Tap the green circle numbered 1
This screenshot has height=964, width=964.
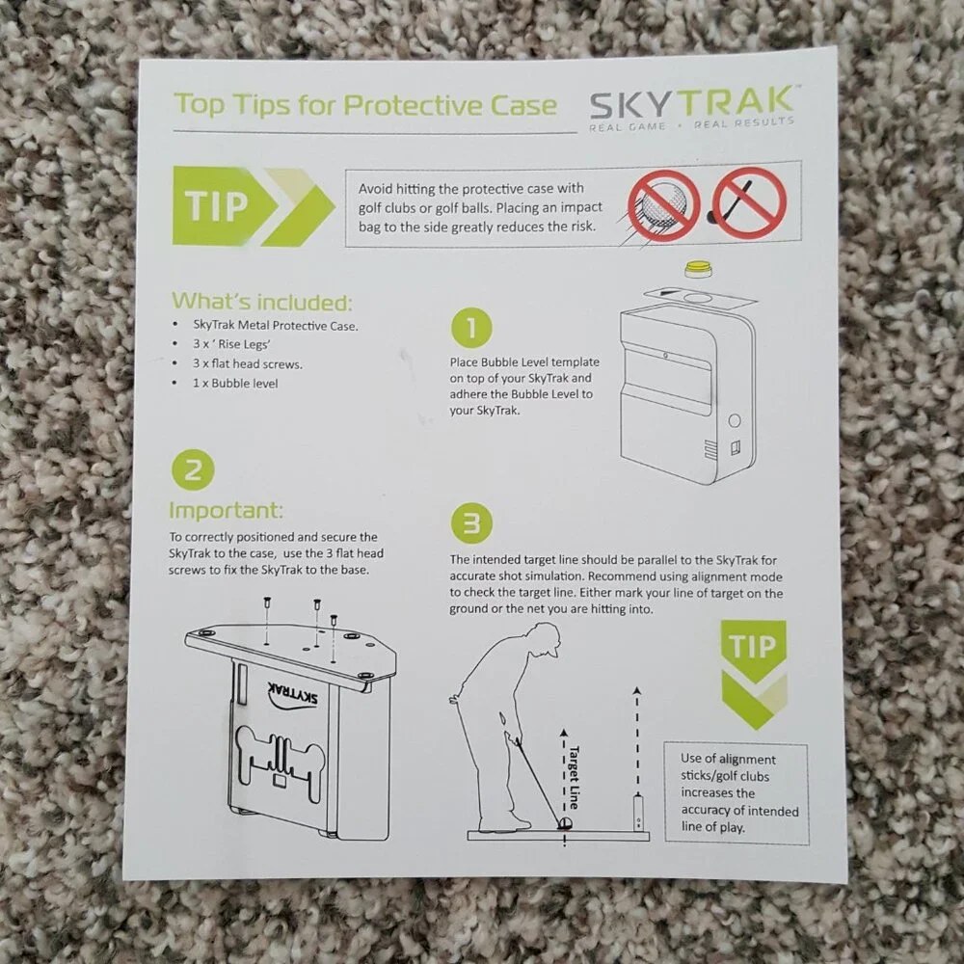pyautogui.click(x=471, y=329)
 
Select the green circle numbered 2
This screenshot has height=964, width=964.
pyautogui.click(x=193, y=471)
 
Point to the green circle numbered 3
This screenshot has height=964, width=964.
pyautogui.click(x=471, y=523)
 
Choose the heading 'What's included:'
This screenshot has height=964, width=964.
pyautogui.click(x=262, y=301)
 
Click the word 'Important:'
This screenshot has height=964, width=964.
pyautogui.click(x=226, y=510)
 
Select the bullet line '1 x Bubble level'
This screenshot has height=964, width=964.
pyautogui.click(x=235, y=384)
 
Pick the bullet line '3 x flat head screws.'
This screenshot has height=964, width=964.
pyautogui.click(x=247, y=364)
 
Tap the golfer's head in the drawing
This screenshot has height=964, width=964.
pyautogui.click(x=546, y=640)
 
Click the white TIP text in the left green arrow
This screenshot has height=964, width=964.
pyautogui.click(x=216, y=205)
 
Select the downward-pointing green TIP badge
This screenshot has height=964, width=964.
pyautogui.click(x=753, y=673)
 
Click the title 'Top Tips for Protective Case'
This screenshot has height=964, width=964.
pyautogui.click(x=365, y=106)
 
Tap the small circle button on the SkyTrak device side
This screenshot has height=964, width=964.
pyautogui.click(x=734, y=421)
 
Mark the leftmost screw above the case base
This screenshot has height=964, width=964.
pyautogui.click(x=267, y=603)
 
